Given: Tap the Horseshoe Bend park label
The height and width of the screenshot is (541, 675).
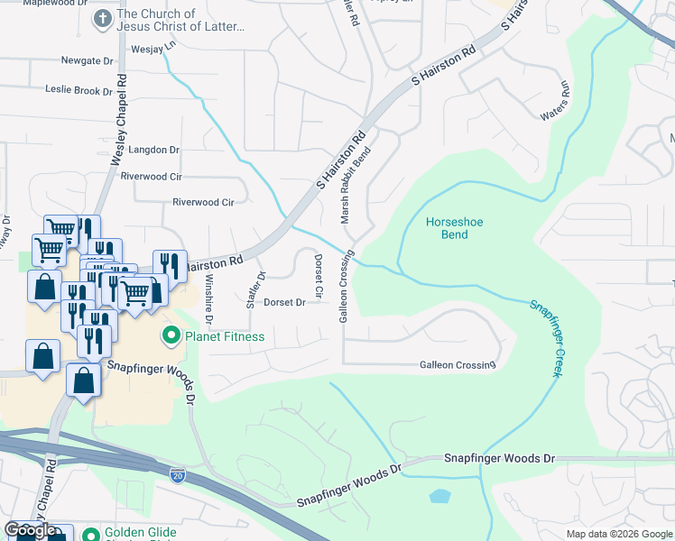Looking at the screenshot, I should pos(448,228).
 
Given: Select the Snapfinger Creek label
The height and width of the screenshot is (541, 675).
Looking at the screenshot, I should pos(544,338).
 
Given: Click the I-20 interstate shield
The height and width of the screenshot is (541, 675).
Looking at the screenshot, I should pos(178,472).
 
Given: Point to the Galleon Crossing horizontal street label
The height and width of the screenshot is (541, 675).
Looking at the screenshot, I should pos(458,365).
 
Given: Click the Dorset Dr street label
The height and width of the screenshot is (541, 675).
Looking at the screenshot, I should pos(284,303).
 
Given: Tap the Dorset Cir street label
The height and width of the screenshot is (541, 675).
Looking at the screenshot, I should pos(319,277).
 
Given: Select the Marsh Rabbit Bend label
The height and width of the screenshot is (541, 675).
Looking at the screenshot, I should pos(355,186).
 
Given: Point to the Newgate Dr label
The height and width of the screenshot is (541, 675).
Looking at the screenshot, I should pos(88,61).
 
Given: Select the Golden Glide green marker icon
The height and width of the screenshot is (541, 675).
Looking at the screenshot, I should pos(90,534).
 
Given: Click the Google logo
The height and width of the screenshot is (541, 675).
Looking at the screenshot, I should pos(30,530).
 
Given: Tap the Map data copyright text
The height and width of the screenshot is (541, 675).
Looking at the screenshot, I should pos(618,534).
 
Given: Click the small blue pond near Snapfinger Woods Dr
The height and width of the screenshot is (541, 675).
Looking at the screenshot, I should pos(440,496).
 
